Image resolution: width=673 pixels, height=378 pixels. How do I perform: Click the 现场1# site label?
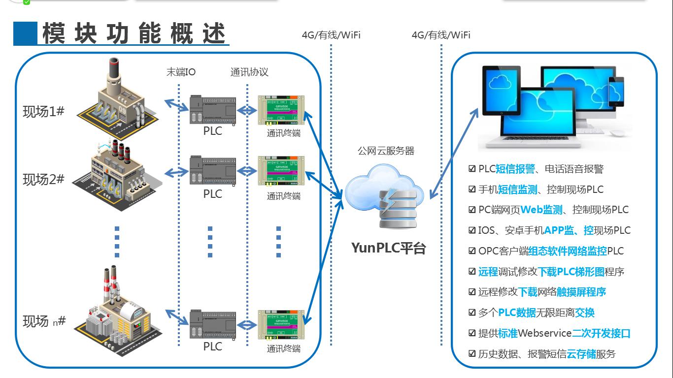tap(43, 111)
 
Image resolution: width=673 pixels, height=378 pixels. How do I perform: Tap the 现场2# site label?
tap(43, 179)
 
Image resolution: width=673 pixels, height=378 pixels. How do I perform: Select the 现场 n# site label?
tap(44, 321)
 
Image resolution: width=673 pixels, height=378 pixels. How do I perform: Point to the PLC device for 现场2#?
tap(213, 170)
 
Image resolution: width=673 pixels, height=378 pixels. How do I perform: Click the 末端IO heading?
tap(181, 72)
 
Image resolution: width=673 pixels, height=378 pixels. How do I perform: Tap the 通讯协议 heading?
tap(249, 72)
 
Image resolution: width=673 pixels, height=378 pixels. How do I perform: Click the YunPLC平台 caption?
tap(388, 248)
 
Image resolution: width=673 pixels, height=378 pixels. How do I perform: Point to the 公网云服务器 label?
tap(386, 151)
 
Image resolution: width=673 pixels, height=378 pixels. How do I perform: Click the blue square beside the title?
tap(25, 33)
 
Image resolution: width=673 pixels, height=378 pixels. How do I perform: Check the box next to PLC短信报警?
tap(472, 169)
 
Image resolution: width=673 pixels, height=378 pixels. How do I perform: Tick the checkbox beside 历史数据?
tap(472, 354)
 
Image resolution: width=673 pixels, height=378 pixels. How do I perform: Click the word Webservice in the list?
tap(544, 333)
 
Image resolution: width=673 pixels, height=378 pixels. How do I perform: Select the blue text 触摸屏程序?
tap(581, 292)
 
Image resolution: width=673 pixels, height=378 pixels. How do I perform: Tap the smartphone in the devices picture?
tap(616, 92)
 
